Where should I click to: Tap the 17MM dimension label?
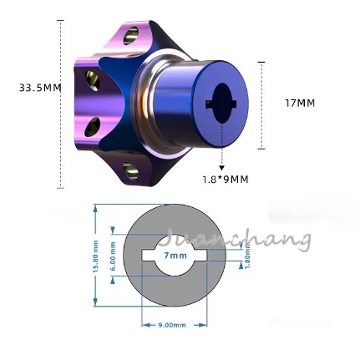[300, 104]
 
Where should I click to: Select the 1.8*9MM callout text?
[226, 179]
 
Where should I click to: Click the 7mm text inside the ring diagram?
[175, 255]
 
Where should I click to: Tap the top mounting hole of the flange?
[132, 36]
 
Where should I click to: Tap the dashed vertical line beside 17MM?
[261, 104]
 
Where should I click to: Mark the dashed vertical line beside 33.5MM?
[60, 100]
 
